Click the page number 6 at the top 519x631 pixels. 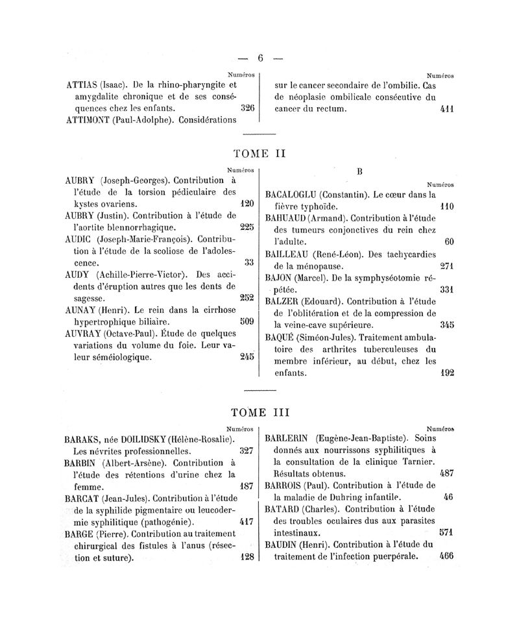coord(260,57)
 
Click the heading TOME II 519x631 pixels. coord(259,154)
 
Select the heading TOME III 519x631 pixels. coord(259,412)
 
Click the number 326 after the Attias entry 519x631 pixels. coord(247,108)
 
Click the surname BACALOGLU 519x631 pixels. coord(293,194)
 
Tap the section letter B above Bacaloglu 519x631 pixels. coord(359,171)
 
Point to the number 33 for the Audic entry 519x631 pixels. coord(249,262)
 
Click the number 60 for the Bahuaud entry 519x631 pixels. coord(448,241)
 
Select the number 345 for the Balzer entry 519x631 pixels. coord(446,324)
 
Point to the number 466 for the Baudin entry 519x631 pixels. coord(446,556)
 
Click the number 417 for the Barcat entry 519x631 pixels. coord(246,521)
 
